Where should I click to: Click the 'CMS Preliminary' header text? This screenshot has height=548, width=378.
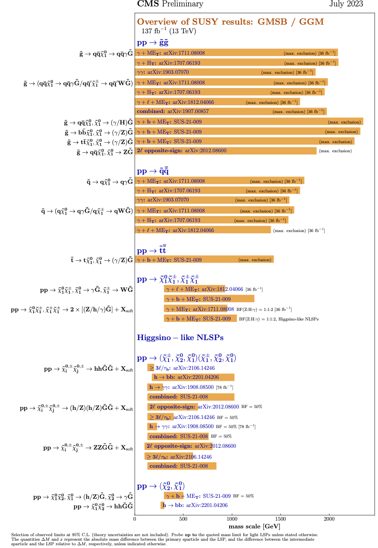pyautogui.click(x=170, y=4)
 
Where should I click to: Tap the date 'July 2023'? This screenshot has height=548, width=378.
pyautogui.click(x=346, y=4)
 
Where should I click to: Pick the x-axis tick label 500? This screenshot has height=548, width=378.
pyautogui.click(x=183, y=519)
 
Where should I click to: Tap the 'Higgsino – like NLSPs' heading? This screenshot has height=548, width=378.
pyautogui.click(x=180, y=338)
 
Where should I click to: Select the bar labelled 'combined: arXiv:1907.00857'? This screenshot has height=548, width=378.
pyautogui.click(x=231, y=111)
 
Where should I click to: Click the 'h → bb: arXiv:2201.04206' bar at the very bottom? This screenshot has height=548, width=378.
pyautogui.click(x=163, y=505)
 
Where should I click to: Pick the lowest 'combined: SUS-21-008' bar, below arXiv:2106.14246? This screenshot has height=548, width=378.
pyautogui.click(x=182, y=466)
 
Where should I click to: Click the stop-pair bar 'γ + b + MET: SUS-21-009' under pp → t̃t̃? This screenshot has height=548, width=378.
pyautogui.click(x=204, y=260)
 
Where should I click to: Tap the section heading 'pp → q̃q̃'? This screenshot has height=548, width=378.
pyautogui.click(x=153, y=171)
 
